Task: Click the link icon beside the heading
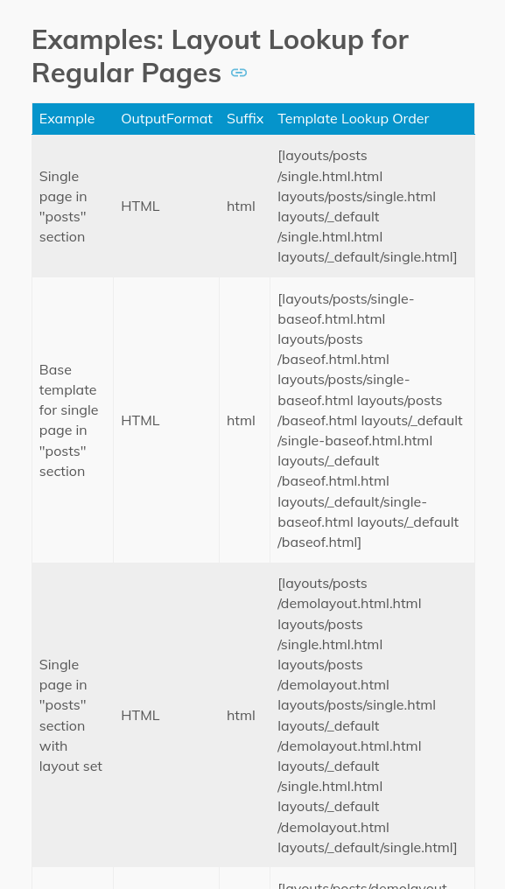[239, 73]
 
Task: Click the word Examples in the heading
[96, 40]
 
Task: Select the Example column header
[67, 119]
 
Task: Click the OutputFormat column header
[166, 119]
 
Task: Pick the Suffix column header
[245, 119]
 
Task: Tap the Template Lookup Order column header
[354, 119]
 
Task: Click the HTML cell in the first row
[140, 206]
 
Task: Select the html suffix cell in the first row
[241, 206]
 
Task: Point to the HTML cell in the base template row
[140, 420]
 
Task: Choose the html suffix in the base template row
[241, 420]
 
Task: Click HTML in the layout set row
[140, 715]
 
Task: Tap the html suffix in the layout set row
[241, 715]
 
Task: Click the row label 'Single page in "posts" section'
[63, 206]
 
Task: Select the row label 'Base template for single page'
[68, 420]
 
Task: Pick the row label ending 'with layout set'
[70, 715]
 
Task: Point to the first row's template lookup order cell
[367, 206]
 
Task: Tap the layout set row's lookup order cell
[367, 715]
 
